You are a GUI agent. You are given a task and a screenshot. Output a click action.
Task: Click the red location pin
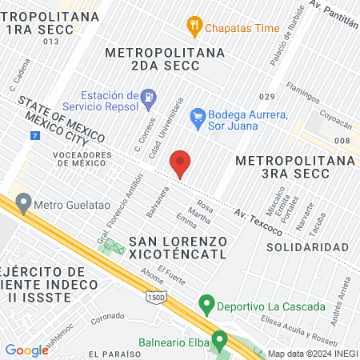coord(181,163)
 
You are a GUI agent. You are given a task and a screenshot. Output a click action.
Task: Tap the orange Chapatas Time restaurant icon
coord(194,26)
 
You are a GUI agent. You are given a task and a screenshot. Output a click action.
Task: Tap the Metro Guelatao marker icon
coord(23,203)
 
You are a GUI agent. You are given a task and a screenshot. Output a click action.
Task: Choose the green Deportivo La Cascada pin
coord(206,306)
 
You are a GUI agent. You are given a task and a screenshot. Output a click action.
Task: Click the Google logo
coord(27,350)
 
